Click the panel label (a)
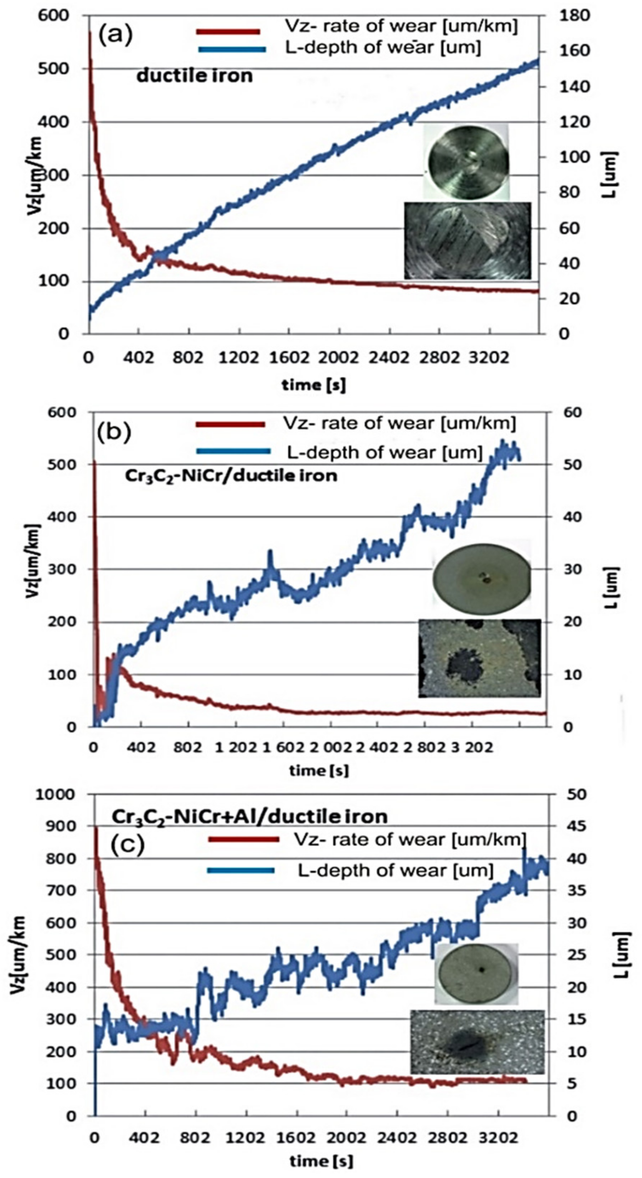click(x=116, y=36)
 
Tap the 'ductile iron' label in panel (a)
click(x=195, y=76)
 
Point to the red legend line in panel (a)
click(x=228, y=31)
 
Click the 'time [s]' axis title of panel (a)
click(x=313, y=385)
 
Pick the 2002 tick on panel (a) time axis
click(x=339, y=357)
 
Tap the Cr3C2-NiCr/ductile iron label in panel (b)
click(x=231, y=476)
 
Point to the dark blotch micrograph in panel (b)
click(x=479, y=658)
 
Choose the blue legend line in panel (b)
click(x=233, y=451)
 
